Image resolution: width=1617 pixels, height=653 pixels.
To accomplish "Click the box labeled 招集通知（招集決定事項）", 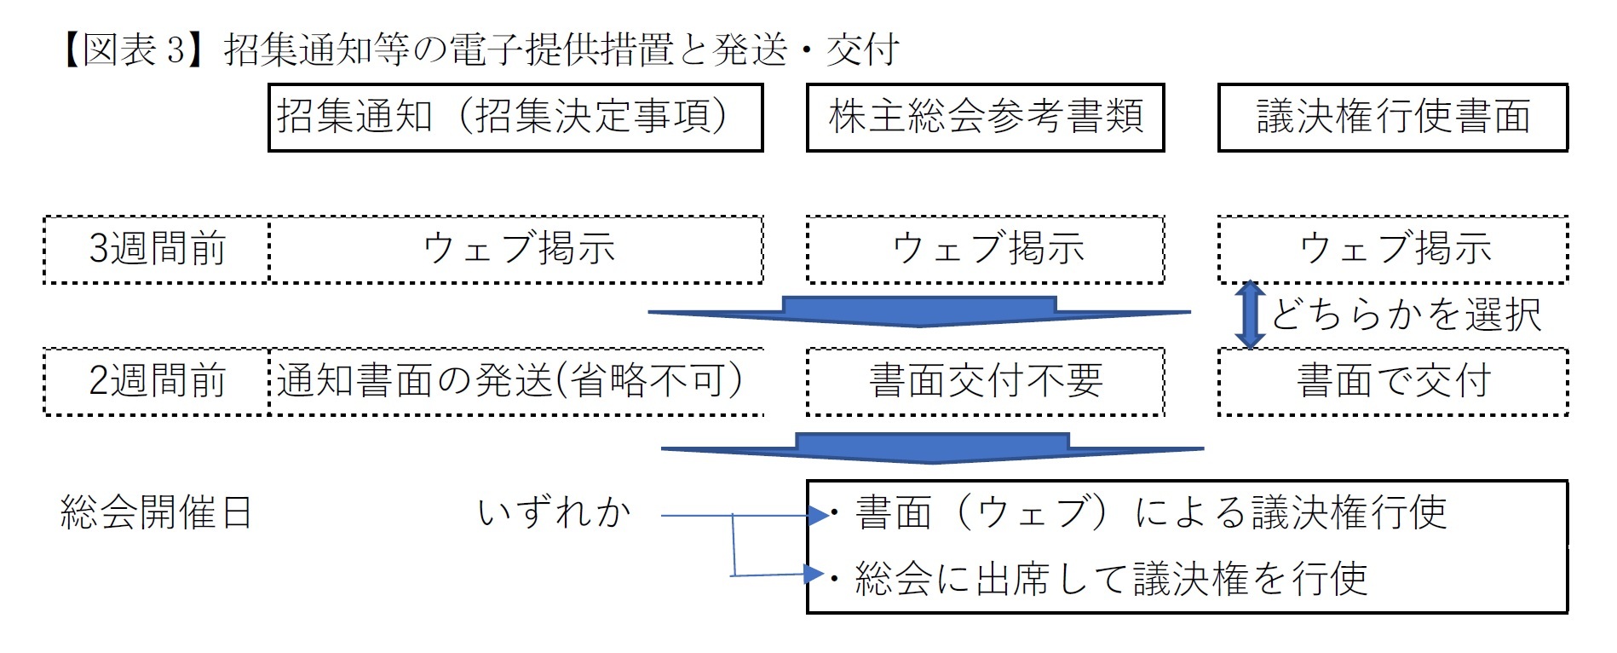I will click(515, 118).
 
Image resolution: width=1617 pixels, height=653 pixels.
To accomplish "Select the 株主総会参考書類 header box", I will click(985, 118).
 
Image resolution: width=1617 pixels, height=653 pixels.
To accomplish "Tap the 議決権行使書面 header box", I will click(1392, 118).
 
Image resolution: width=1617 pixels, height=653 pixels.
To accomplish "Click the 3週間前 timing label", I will click(157, 249).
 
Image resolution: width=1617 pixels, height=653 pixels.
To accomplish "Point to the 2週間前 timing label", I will click(157, 381).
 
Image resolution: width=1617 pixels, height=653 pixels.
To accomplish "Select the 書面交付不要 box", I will click(985, 381).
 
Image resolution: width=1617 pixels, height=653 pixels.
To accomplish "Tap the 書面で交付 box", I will click(1392, 381).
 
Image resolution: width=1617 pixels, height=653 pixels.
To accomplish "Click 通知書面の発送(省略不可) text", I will click(509, 381).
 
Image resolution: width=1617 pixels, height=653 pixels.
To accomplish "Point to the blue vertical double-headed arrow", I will click(1250, 315).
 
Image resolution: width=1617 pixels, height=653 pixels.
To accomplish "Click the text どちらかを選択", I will click(1406, 315).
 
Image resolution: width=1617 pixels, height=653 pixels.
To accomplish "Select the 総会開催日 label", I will click(156, 513).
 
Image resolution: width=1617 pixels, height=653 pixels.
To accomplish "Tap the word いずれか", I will click(554, 513).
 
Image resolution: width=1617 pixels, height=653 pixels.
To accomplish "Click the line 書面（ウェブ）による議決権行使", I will click(1150, 513).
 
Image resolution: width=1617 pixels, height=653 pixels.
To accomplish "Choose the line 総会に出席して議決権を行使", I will click(1111, 579).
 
